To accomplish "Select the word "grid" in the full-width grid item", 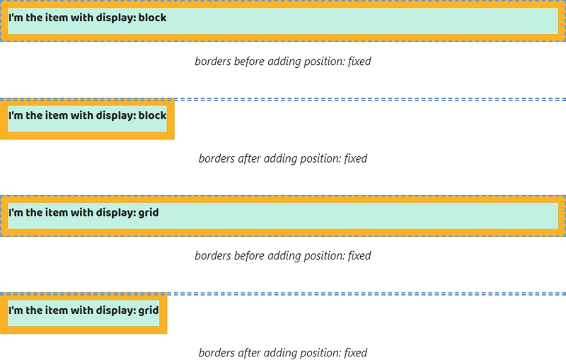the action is click(149, 213).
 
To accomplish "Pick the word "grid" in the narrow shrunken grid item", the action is click(149, 310).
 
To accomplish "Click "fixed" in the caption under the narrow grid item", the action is click(356, 353).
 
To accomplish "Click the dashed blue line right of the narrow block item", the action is click(370, 100).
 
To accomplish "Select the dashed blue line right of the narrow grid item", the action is click(366, 294).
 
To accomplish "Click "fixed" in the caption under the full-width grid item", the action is click(359, 256).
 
